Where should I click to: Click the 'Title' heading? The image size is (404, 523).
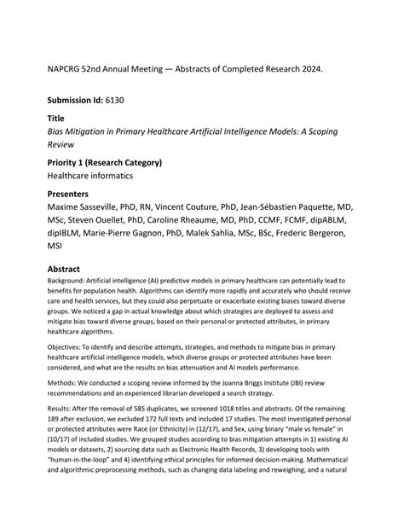56,119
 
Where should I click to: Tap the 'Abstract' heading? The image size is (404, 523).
68,270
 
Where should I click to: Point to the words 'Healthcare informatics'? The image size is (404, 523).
91,176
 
